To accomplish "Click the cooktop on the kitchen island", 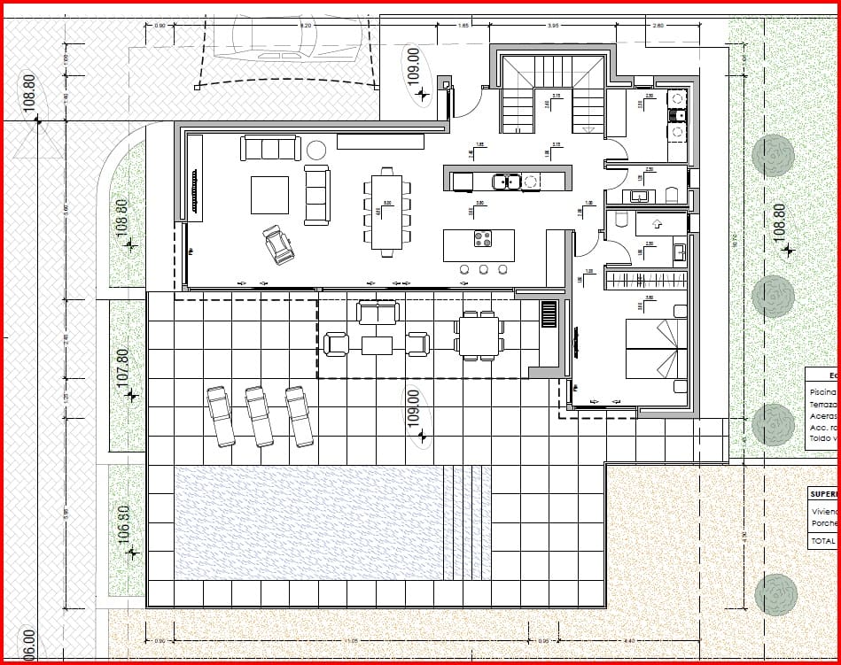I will [x=483, y=237].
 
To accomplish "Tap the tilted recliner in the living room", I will [x=278, y=244].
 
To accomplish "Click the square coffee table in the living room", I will [x=269, y=195].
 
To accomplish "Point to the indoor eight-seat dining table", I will [x=386, y=210].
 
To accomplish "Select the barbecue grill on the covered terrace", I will [x=549, y=313].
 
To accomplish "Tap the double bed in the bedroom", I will [x=656, y=348].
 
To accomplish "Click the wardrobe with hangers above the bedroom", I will [x=645, y=281].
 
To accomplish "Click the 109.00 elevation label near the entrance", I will [x=413, y=66].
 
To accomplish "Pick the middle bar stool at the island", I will [x=483, y=268].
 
